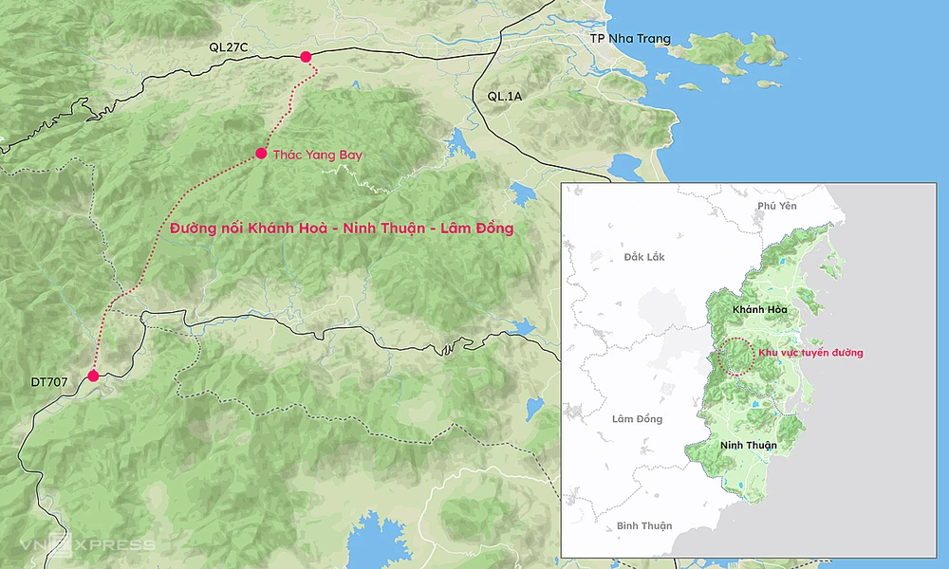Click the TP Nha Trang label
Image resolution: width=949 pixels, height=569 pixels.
tap(630, 39)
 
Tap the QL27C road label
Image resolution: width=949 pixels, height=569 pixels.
tap(230, 46)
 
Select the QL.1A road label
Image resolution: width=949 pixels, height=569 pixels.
tap(504, 96)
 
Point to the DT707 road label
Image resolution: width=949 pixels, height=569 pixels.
tap(50, 382)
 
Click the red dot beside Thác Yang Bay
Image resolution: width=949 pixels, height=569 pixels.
tap(261, 154)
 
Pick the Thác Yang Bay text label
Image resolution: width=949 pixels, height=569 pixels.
tap(318, 154)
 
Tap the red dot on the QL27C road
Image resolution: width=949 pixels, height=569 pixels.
tap(306, 57)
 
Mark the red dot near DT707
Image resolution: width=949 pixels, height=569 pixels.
tap(93, 376)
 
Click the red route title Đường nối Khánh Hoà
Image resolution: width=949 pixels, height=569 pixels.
tap(341, 229)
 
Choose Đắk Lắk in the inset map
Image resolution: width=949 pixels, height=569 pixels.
tap(645, 257)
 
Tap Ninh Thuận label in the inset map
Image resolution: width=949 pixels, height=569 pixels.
tap(748, 445)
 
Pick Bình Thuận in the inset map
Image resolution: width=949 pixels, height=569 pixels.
tap(643, 525)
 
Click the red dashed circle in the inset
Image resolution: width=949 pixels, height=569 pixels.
tap(735, 357)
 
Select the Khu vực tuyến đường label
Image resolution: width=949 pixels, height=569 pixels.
tap(809, 353)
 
